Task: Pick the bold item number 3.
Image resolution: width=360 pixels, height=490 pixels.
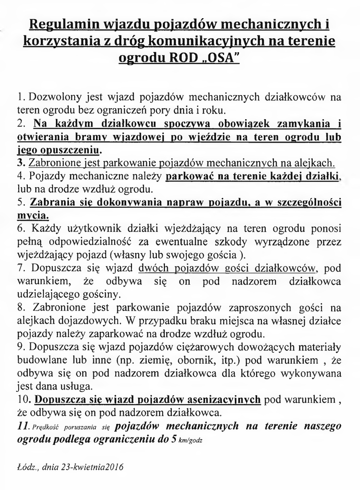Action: pos(20,163)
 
